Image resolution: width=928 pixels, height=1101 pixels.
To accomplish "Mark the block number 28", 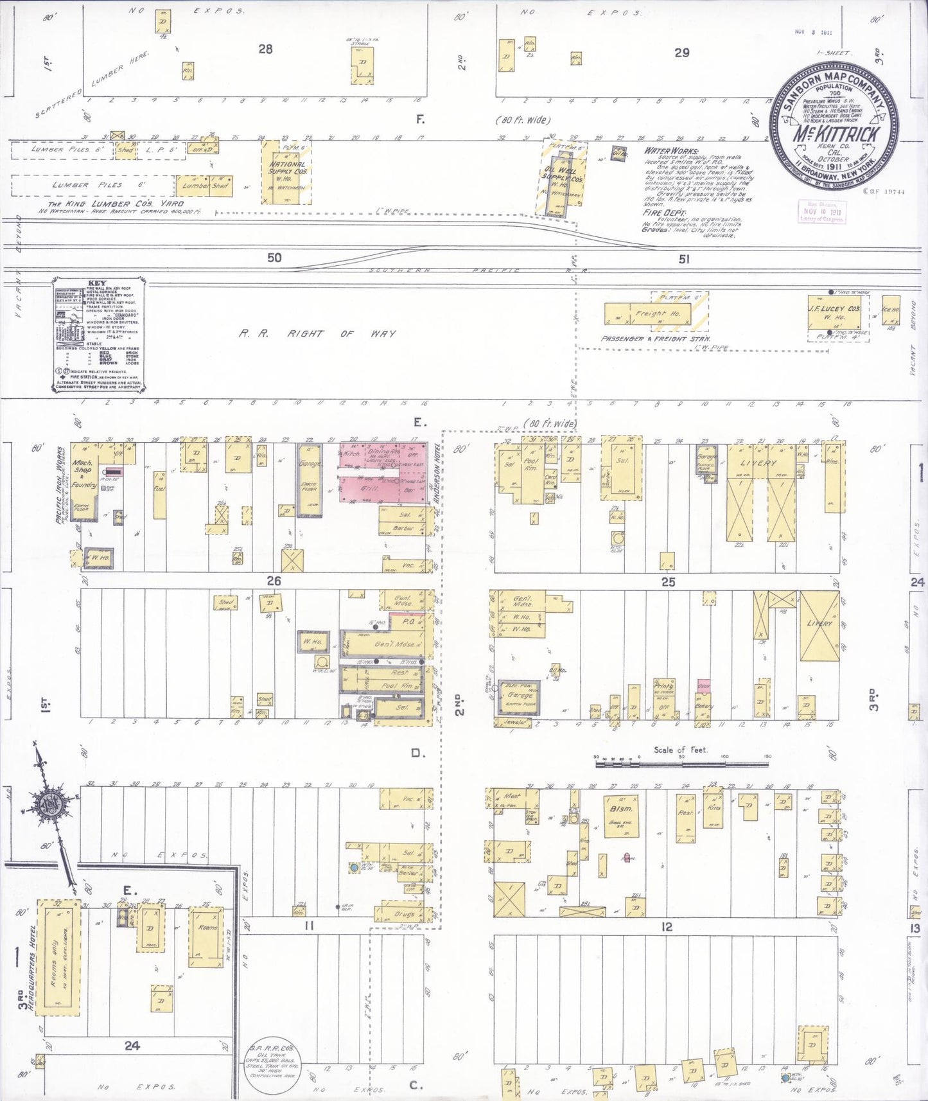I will (x=265, y=49).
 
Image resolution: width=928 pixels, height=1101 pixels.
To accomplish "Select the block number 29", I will (x=681, y=53).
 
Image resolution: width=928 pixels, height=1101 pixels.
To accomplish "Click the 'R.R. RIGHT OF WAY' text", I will (x=317, y=334).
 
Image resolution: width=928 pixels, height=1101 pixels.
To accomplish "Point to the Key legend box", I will (x=99, y=334).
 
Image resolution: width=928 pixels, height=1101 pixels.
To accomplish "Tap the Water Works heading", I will (x=666, y=151).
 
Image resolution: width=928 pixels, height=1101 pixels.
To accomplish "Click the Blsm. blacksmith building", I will (x=620, y=816).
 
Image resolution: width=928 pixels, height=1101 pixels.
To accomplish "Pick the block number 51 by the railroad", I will (x=684, y=259).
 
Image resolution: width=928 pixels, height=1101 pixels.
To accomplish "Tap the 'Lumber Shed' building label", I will (x=204, y=186).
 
